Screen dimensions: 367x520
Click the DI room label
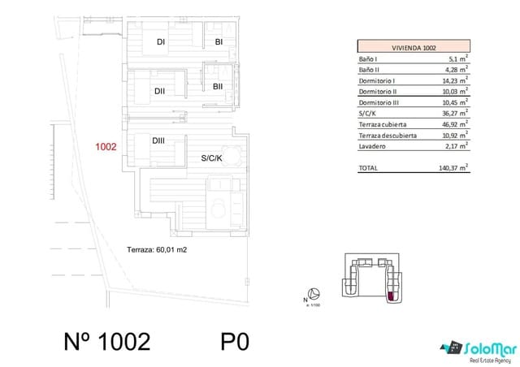[x=161, y=42]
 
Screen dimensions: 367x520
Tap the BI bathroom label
[x=219, y=42]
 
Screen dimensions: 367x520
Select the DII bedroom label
[x=159, y=92]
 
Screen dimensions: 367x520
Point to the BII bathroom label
[x=218, y=86]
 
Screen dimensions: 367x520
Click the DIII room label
[x=158, y=140]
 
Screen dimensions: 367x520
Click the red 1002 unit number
[x=106, y=148]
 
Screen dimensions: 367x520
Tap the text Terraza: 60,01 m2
[x=158, y=250]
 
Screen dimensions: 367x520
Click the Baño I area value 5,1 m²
[x=458, y=58]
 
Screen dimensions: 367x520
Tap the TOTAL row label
[x=368, y=168]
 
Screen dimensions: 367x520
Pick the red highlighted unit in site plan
[x=392, y=296]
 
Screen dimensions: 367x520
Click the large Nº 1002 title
[x=106, y=341]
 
